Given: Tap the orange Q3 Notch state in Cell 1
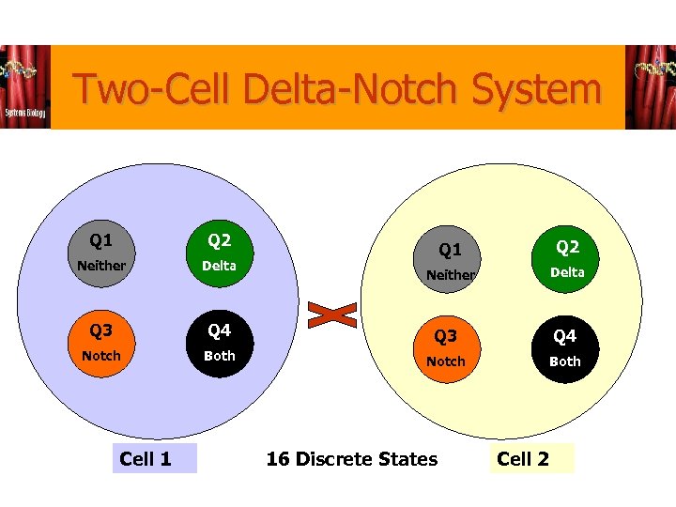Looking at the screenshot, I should [x=101, y=343].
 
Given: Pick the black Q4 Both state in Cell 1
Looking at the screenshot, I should [x=219, y=343].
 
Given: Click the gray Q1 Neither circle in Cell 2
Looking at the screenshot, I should [x=451, y=260].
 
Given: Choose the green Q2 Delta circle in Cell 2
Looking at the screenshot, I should [x=566, y=258].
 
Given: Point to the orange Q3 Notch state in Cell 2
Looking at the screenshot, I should [x=446, y=348].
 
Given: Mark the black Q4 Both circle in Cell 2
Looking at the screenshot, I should [x=565, y=348].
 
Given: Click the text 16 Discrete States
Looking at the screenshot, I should [x=352, y=459].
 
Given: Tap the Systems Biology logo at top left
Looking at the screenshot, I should [x=25, y=87].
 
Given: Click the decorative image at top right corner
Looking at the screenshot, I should [x=650, y=87].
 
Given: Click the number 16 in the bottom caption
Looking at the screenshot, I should [x=277, y=459].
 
